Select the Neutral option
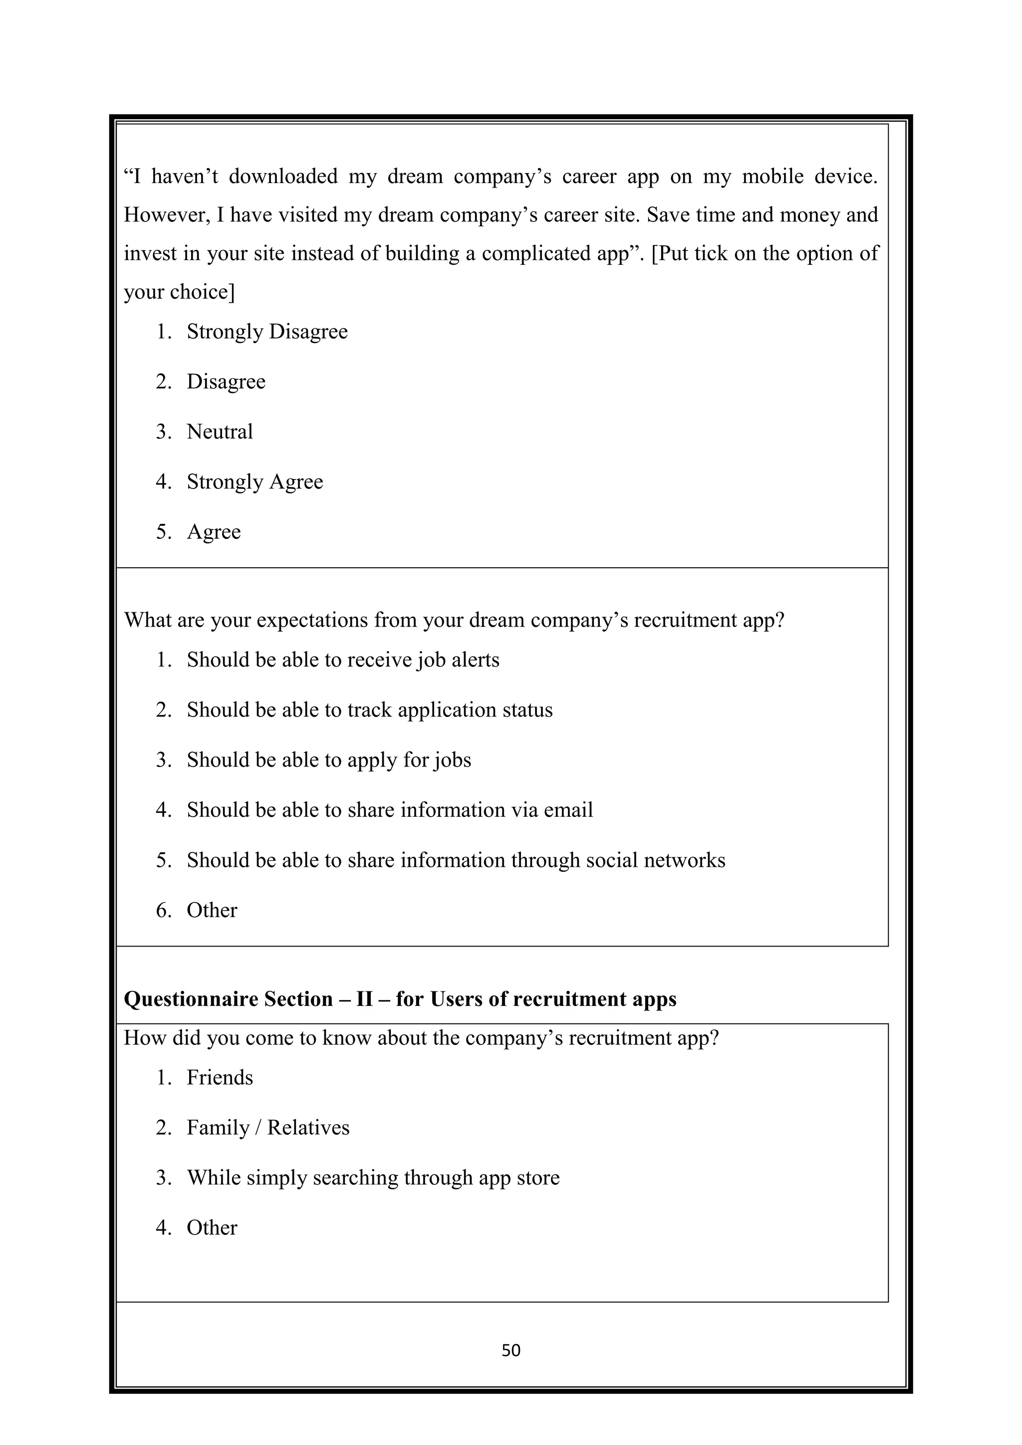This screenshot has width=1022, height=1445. [220, 432]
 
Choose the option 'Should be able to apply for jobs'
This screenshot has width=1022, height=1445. [328, 760]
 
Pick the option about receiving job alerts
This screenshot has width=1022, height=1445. [342, 660]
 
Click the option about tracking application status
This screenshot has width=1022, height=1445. [369, 710]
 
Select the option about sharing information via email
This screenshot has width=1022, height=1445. [390, 810]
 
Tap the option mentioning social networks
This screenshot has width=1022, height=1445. [456, 860]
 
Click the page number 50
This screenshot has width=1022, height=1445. [511, 1350]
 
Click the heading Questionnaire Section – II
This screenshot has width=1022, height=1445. [400, 999]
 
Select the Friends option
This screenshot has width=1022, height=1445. [220, 1077]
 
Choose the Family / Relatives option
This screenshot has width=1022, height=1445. [267, 1127]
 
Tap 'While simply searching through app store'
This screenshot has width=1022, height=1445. [373, 1178]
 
